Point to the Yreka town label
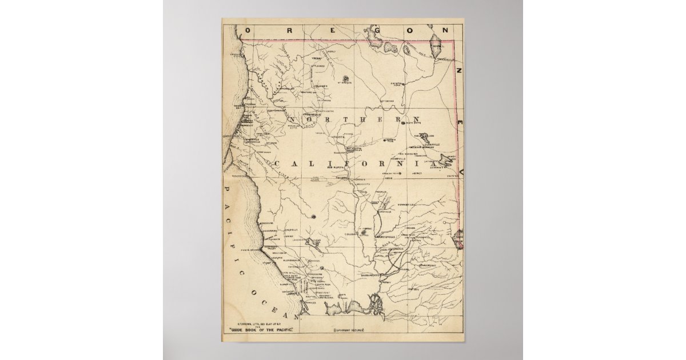coord(318,58)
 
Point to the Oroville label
coord(383,211)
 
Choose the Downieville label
coord(409,204)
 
